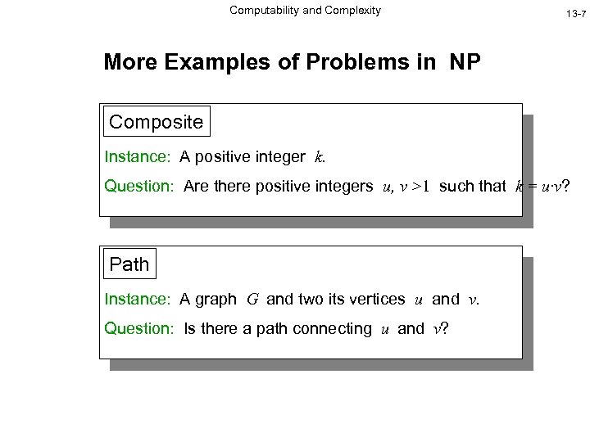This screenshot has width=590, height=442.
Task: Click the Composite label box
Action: point(156,123)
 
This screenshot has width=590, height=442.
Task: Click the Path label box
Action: point(129,264)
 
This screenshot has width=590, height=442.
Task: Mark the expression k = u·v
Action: point(541,187)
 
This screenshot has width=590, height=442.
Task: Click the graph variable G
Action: point(252,300)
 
